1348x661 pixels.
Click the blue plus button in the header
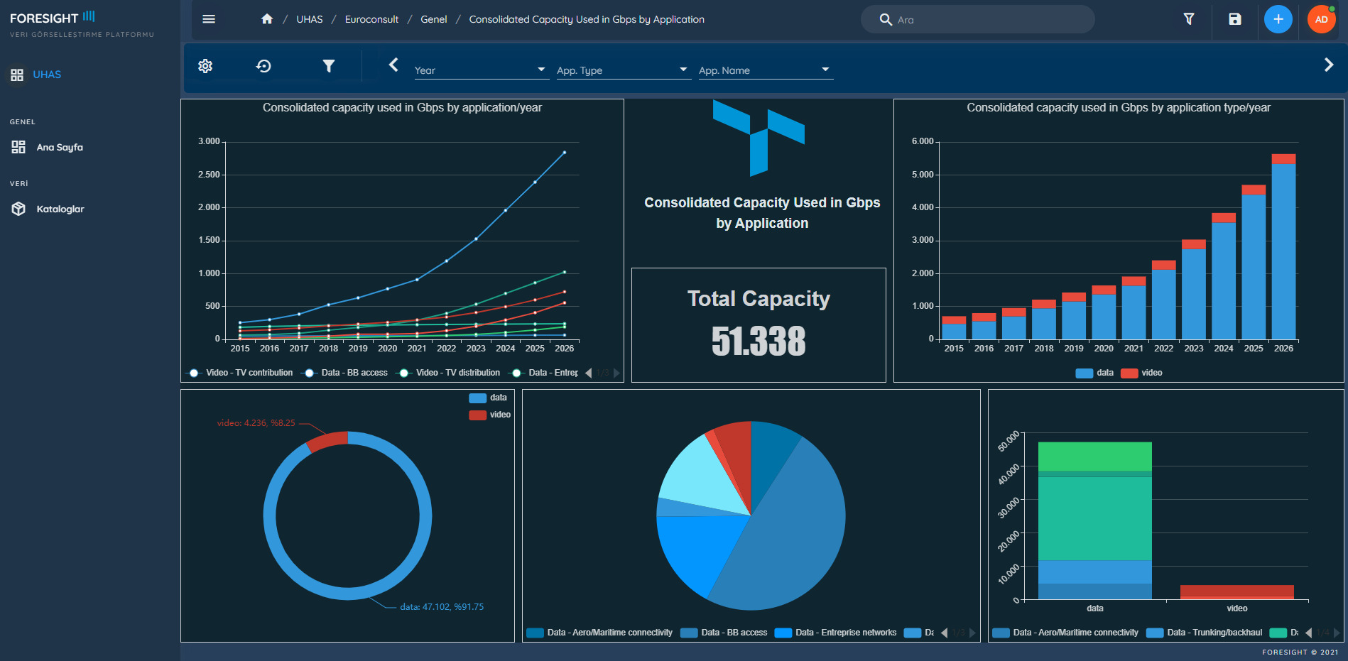point(1278,19)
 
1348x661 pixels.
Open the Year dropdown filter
point(480,70)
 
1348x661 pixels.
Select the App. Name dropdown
point(764,70)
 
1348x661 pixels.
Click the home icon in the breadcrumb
point(267,19)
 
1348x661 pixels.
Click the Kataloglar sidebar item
point(60,209)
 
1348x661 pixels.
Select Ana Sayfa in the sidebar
point(60,147)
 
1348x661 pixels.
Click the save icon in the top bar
point(1235,19)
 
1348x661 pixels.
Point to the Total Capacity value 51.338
point(759,341)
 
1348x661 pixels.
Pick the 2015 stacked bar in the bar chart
point(954,328)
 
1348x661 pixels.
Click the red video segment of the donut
point(327,440)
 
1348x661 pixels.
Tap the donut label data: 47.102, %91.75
point(442,607)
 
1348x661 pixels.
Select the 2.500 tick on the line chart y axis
point(209,175)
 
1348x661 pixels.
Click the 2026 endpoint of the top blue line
point(565,153)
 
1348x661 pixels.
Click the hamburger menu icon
point(209,19)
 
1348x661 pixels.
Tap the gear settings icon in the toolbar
point(205,66)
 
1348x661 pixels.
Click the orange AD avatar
point(1321,19)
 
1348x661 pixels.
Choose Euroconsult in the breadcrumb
point(371,19)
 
